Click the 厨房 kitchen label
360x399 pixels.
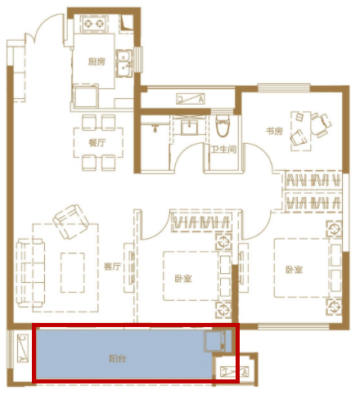pyautogui.click(x=97, y=61)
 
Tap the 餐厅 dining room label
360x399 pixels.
pyautogui.click(x=97, y=142)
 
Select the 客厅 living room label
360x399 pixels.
pyautogui.click(x=112, y=267)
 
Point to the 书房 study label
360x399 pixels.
pyautogui.click(x=274, y=131)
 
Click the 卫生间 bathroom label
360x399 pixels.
pyautogui.click(x=223, y=150)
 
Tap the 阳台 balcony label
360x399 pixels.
pyautogui.click(x=118, y=358)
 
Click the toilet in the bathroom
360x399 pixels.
pyautogui.click(x=223, y=126)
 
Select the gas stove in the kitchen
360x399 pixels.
pyautogui.click(x=94, y=24)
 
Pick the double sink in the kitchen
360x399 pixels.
pyautogui.click(x=124, y=63)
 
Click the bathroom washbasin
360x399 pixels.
pyautogui.click(x=190, y=127)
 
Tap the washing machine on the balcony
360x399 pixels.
pyautogui.click(x=215, y=341)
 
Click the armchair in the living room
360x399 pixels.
pyautogui.click(x=71, y=222)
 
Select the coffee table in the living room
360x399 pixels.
pyautogui.click(x=73, y=272)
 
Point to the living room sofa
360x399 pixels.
pyautogui.click(x=30, y=273)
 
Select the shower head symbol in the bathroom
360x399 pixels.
pyautogui.click(x=155, y=128)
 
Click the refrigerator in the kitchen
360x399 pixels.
pyautogui.click(x=86, y=96)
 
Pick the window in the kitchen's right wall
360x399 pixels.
pyautogui.click(x=138, y=59)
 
